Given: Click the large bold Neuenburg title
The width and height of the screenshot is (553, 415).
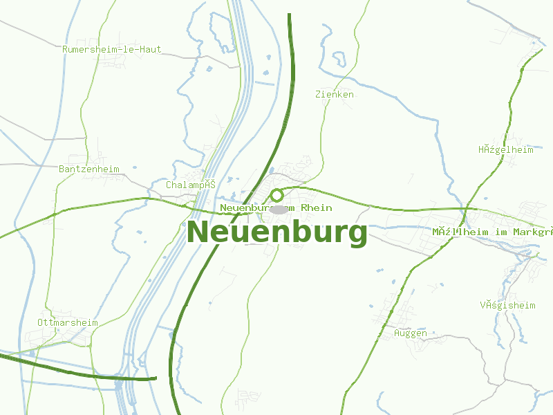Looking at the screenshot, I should [x=276, y=232].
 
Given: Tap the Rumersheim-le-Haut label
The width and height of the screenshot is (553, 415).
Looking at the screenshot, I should [x=111, y=50].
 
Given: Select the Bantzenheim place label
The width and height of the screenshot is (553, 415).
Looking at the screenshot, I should [x=89, y=169].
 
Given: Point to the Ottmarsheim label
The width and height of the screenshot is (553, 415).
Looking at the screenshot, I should [x=67, y=323].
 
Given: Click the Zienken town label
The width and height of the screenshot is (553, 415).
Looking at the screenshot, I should [x=334, y=94].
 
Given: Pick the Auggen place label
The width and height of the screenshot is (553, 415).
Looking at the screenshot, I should [x=410, y=333].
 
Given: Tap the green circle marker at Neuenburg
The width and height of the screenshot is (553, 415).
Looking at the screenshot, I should [x=276, y=195].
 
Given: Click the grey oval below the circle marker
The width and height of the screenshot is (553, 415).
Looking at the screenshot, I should [x=278, y=209].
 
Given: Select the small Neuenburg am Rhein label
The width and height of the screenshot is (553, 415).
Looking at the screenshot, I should [x=276, y=208].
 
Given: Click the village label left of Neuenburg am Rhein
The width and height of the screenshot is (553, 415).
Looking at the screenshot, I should [x=191, y=185].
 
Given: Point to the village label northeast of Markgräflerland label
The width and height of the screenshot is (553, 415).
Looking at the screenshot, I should [x=505, y=149].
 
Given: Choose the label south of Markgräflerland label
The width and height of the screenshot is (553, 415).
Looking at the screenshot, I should [x=507, y=305].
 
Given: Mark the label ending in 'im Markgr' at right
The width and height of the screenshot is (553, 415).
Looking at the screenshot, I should [x=492, y=232].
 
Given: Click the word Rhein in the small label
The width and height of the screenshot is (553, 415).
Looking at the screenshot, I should [x=317, y=208].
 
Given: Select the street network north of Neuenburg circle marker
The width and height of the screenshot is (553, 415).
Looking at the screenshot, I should [x=294, y=169].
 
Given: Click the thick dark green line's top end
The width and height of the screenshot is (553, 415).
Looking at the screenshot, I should [x=289, y=15].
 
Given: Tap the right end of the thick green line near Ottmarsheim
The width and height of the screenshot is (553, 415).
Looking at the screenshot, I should [x=155, y=378].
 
